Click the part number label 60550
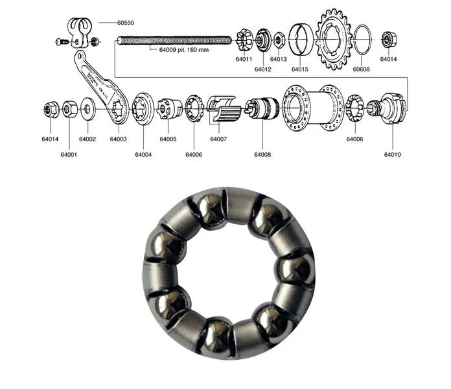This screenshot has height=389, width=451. [126, 23]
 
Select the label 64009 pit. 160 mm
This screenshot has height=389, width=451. [184, 50]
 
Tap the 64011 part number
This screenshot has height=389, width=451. [244, 59]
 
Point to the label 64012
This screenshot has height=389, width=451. [262, 69]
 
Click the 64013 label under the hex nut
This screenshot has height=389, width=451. [279, 59]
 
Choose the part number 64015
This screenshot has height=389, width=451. [300, 69]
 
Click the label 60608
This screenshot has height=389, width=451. [362, 69]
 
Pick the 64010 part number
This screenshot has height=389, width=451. [392, 154]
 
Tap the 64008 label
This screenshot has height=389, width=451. [262, 154]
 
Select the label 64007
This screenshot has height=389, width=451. [218, 139]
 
